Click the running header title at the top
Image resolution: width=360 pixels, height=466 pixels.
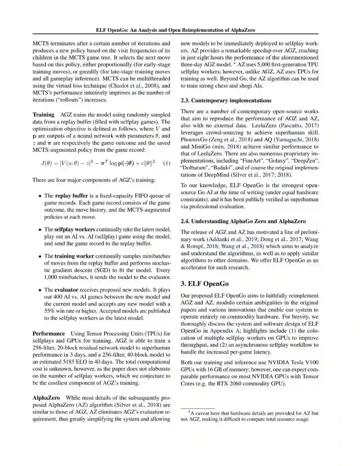(x=175, y=30)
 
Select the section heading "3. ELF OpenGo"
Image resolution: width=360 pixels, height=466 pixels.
(x=205, y=284)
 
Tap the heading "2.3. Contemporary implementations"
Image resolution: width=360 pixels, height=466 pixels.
(x=226, y=100)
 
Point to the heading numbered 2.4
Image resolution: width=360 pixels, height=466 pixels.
(x=243, y=221)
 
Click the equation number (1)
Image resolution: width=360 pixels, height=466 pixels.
(x=167, y=163)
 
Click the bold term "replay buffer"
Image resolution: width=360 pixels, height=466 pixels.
(x=72, y=196)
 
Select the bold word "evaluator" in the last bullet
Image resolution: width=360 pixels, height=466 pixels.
(x=66, y=290)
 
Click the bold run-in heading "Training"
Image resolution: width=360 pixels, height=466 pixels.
(x=43, y=115)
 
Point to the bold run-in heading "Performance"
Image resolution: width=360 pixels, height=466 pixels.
(x=49, y=334)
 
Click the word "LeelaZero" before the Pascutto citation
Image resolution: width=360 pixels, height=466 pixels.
(x=264, y=125)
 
